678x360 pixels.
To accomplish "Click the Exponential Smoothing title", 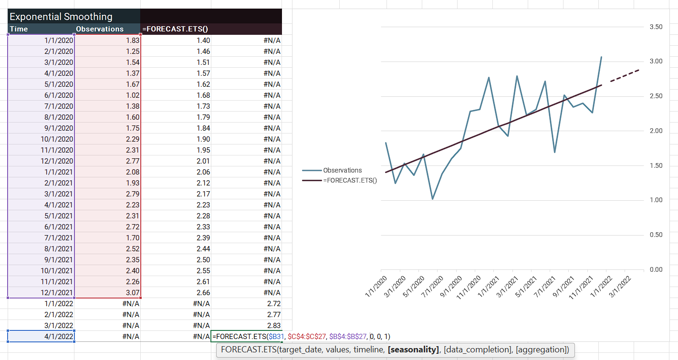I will pyautogui.click(x=61, y=17).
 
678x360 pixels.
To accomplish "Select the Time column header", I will pyautogui.click(x=19, y=29).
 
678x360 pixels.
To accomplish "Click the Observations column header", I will pyautogui.click(x=100, y=29).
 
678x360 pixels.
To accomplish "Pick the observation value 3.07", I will pyautogui.click(x=131, y=292).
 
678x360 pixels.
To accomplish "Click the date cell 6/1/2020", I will pyautogui.click(x=59, y=95).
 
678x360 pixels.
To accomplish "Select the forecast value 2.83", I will pyautogui.click(x=273, y=325).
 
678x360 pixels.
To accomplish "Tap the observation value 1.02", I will pyautogui.click(x=131, y=95).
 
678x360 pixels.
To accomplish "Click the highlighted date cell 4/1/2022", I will pyautogui.click(x=59, y=336).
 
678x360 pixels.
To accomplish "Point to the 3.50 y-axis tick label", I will pyautogui.click(x=656, y=27).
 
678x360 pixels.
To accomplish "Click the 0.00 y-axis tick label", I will pyautogui.click(x=656, y=270).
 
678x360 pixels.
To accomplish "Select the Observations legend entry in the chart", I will pyautogui.click(x=342, y=170).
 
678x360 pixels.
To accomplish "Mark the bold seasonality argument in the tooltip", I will pyautogui.click(x=413, y=350).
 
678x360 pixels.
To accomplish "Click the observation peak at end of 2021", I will pyautogui.click(x=601, y=57).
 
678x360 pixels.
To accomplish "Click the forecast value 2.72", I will pyautogui.click(x=273, y=303).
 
